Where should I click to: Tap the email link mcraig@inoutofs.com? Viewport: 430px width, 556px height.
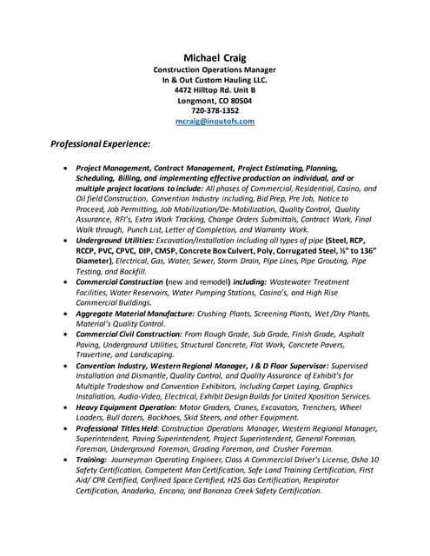(215, 122)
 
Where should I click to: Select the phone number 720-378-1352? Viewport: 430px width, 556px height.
(215, 111)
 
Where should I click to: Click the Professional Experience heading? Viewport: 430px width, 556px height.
(101, 143)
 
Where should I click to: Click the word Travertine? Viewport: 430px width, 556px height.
(99, 355)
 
